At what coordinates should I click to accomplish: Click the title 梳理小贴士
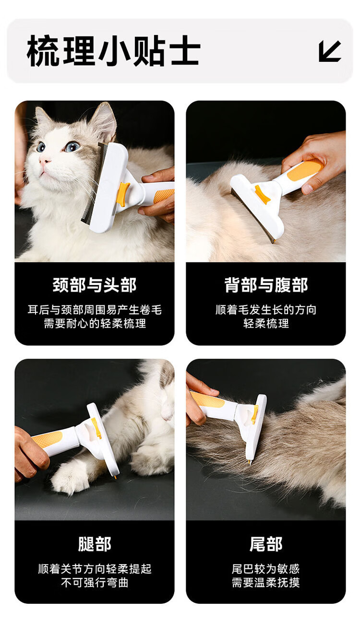point(113,51)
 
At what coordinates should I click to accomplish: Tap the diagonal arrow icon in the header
point(330,51)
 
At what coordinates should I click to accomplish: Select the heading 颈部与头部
point(95,285)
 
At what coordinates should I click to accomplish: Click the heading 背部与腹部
point(266,285)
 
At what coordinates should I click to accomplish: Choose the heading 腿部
point(95,544)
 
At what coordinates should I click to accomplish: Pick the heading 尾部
point(266,544)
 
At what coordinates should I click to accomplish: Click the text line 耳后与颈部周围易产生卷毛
point(95,310)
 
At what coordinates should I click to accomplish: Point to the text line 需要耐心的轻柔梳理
point(95,323)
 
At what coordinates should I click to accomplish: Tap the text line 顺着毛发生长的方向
point(266,310)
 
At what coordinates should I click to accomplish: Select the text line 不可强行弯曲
point(95,582)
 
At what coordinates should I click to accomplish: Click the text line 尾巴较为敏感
point(266,569)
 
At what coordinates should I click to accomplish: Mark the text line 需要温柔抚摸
point(266,582)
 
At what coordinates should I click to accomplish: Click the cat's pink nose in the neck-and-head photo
point(44,161)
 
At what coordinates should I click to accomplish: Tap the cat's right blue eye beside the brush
point(72,146)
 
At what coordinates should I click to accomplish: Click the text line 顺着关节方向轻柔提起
point(95,569)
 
